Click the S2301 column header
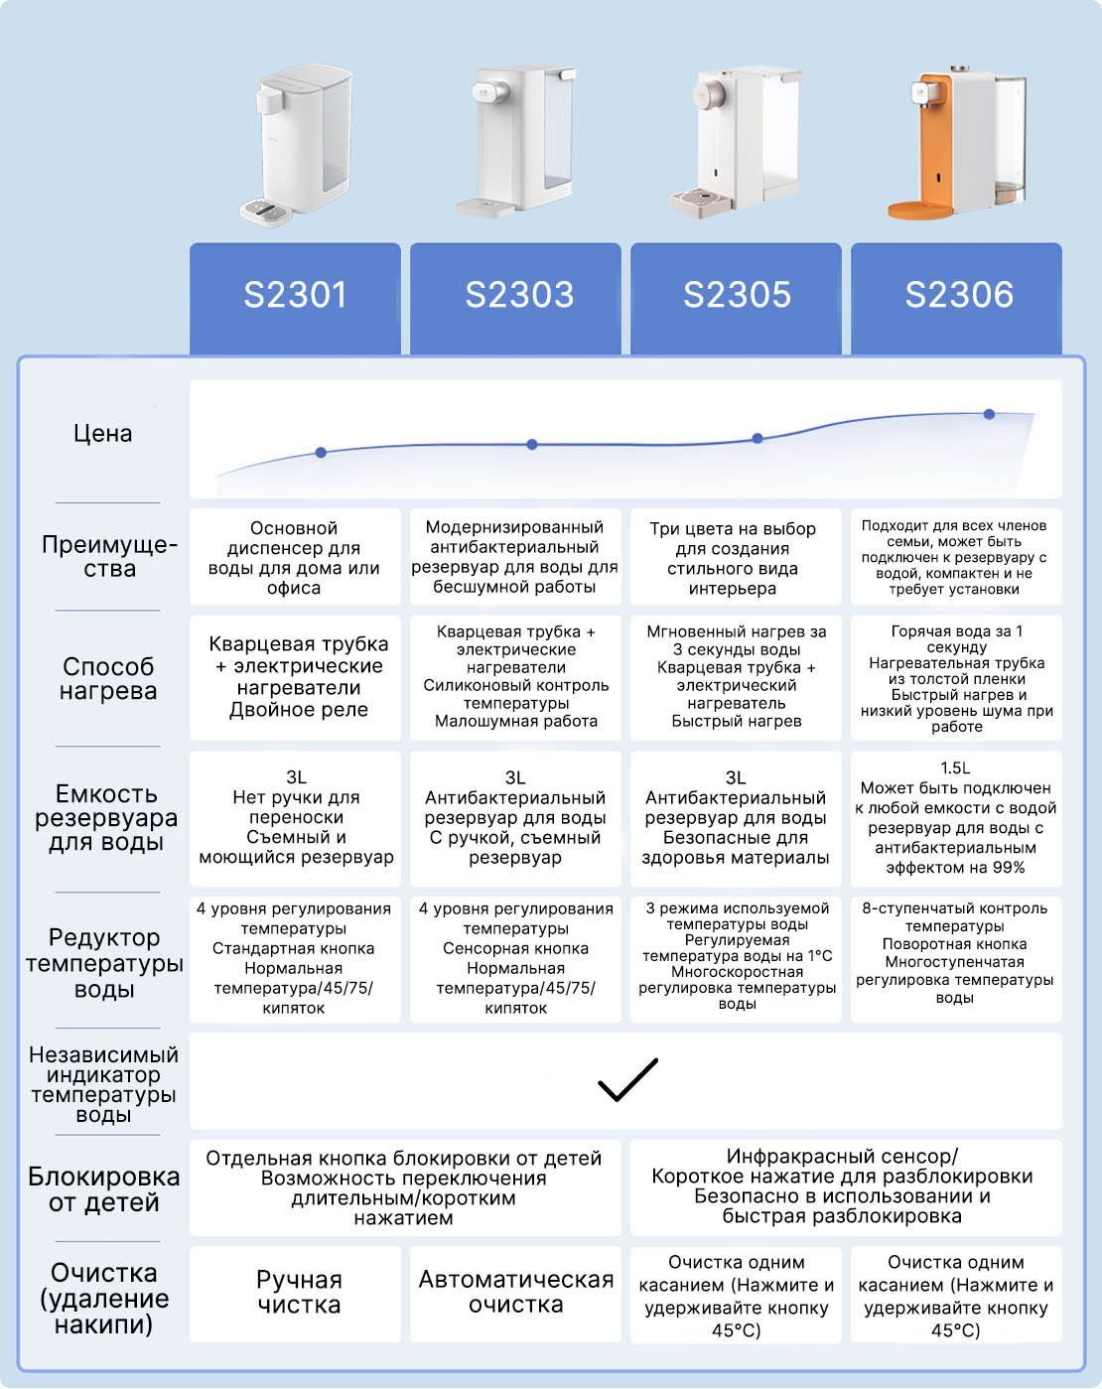click(x=295, y=298)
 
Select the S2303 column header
click(x=516, y=298)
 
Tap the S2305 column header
click(x=736, y=298)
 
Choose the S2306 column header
click(x=957, y=298)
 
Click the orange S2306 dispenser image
click(x=957, y=142)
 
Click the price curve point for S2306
click(x=989, y=414)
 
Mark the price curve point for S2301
click(x=321, y=453)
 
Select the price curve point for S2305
click(x=758, y=438)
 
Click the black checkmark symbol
click(x=626, y=1080)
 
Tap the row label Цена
click(x=102, y=434)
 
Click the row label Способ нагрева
click(x=108, y=678)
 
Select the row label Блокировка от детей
click(x=104, y=1189)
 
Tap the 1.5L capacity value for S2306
click(x=955, y=768)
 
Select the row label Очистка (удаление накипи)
click(x=104, y=1298)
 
